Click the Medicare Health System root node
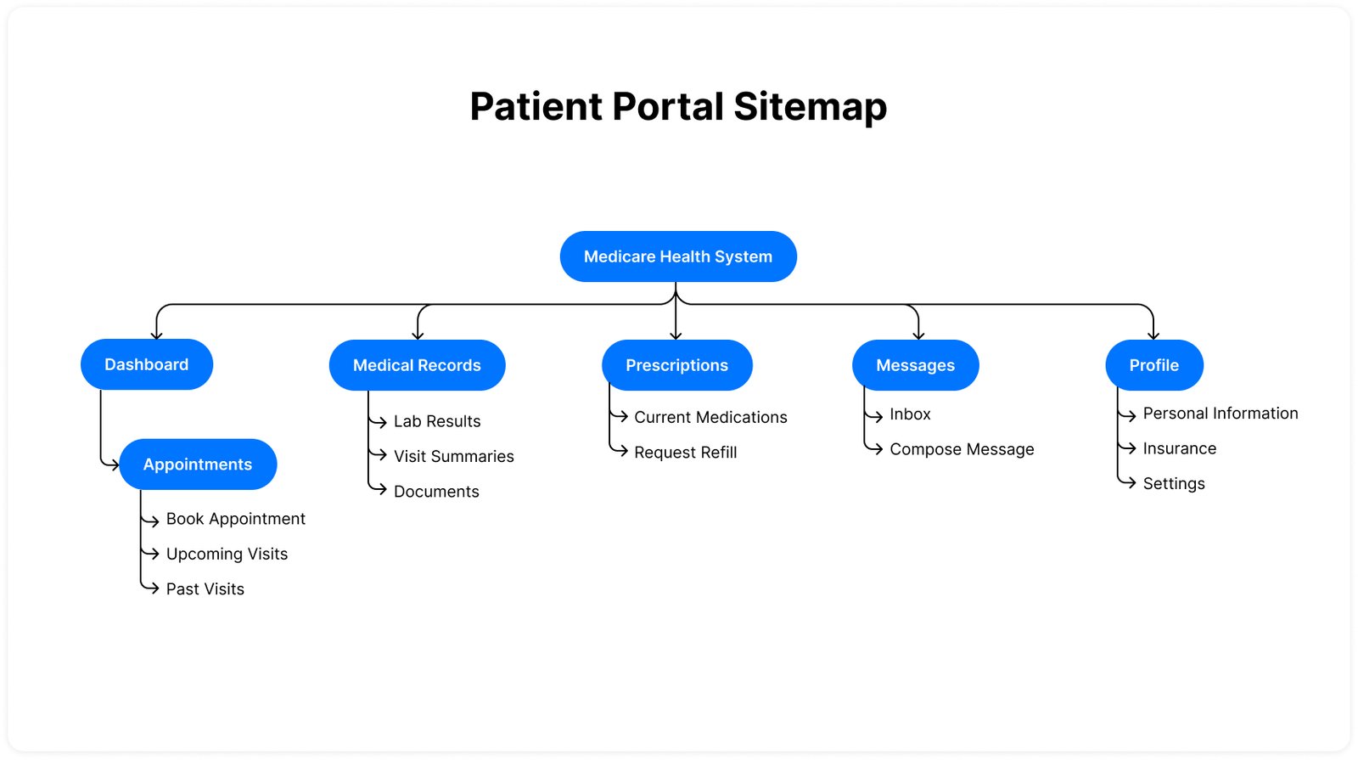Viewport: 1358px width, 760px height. click(x=678, y=256)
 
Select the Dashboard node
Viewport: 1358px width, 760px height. click(x=147, y=364)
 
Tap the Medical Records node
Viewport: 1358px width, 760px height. click(x=417, y=365)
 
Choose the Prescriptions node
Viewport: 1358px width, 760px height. click(x=676, y=365)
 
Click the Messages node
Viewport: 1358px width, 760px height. click(x=915, y=365)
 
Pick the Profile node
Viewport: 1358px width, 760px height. click(x=1153, y=365)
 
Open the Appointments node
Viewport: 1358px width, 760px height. click(x=198, y=464)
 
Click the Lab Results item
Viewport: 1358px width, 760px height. click(x=436, y=421)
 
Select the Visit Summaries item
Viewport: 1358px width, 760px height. click(x=453, y=456)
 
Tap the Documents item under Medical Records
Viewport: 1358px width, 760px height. click(x=436, y=492)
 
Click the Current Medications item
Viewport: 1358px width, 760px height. click(x=710, y=417)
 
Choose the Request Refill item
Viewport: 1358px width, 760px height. click(x=685, y=453)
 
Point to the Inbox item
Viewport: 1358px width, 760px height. click(x=910, y=414)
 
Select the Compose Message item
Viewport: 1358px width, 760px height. click(x=962, y=449)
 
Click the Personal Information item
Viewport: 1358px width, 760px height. click(x=1220, y=414)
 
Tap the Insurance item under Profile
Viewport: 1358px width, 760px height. click(x=1179, y=448)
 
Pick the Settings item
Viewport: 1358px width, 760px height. click(x=1173, y=483)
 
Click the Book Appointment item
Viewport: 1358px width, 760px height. click(x=235, y=519)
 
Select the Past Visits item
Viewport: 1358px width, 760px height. click(x=205, y=589)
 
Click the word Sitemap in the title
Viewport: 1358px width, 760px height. click(x=810, y=107)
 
